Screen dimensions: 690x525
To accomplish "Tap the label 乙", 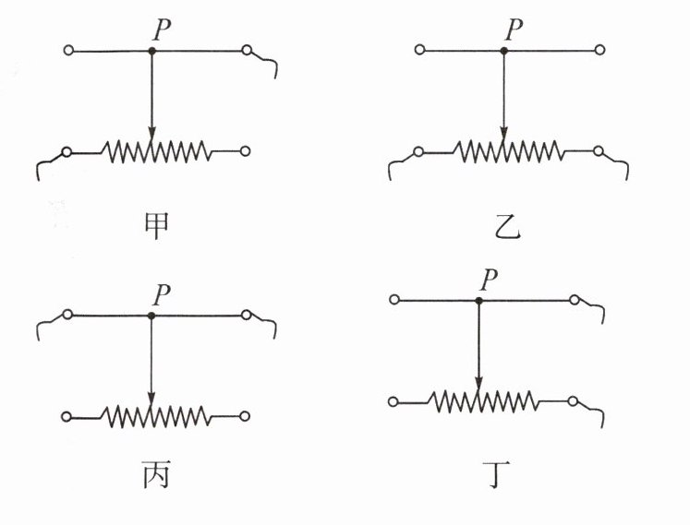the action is pyautogui.click(x=506, y=224).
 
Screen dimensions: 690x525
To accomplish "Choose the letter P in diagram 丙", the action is pyautogui.click(x=161, y=294).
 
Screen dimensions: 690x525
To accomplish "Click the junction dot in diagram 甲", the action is pyautogui.click(x=152, y=51).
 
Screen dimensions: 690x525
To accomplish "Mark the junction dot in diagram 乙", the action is pyautogui.click(x=503, y=51).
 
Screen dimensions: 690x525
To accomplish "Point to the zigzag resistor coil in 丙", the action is pyautogui.click(x=152, y=416).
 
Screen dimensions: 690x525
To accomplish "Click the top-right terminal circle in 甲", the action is pyautogui.click(x=247, y=51).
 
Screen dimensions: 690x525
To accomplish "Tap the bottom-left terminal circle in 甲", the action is pyautogui.click(x=67, y=151).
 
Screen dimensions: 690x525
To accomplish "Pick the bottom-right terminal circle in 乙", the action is pyautogui.click(x=599, y=151).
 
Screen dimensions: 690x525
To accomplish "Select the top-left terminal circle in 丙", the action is pyautogui.click(x=67, y=316).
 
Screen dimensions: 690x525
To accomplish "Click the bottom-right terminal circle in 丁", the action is pyautogui.click(x=575, y=401).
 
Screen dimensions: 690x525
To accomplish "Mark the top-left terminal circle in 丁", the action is pyautogui.click(x=394, y=300).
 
